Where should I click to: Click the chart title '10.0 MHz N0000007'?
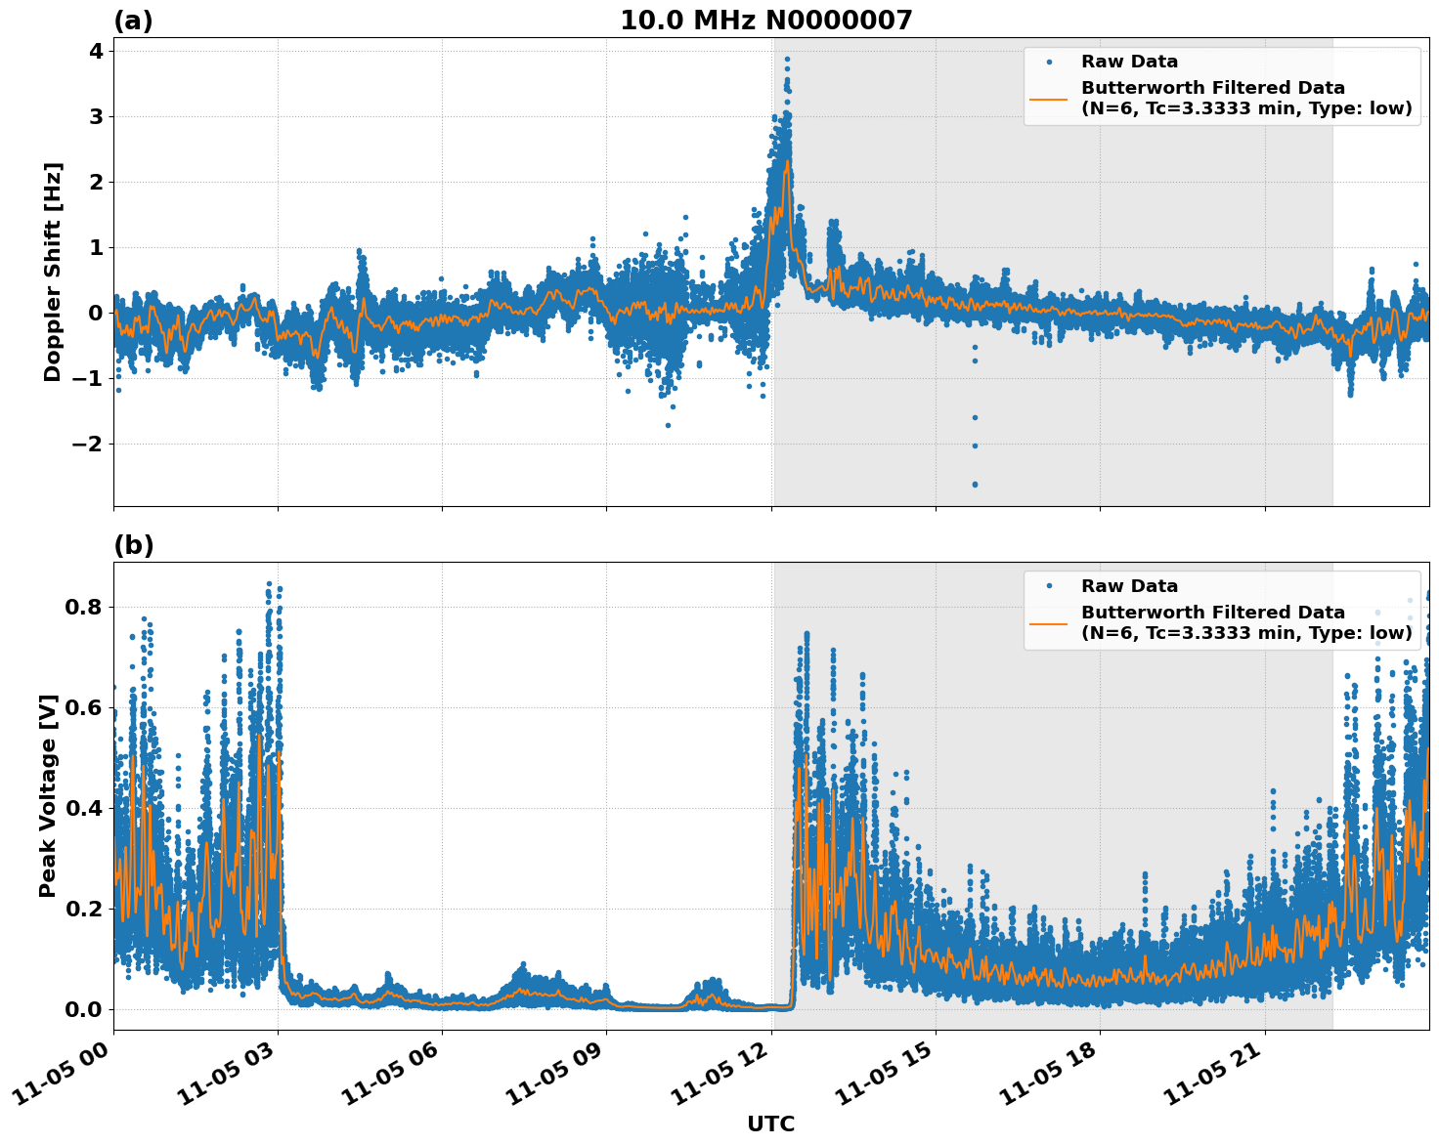(x=765, y=21)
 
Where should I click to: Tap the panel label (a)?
(x=133, y=21)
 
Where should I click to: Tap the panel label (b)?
(x=133, y=545)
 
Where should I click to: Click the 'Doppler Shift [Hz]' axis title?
(x=53, y=272)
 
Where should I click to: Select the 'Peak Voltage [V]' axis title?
(x=48, y=795)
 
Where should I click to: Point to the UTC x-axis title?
(x=770, y=1124)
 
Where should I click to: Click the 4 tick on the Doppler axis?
(x=96, y=51)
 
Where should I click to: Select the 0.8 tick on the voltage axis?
(x=84, y=607)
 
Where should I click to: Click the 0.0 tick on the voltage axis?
(x=84, y=1009)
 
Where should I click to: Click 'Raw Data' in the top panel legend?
(x=1129, y=62)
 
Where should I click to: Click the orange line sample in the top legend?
(x=1049, y=99)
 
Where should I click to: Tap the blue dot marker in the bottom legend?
(x=1049, y=586)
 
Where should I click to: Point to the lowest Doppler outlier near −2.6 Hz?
(x=975, y=485)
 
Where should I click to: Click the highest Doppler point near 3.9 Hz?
(x=787, y=59)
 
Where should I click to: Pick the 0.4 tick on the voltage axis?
(x=84, y=808)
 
